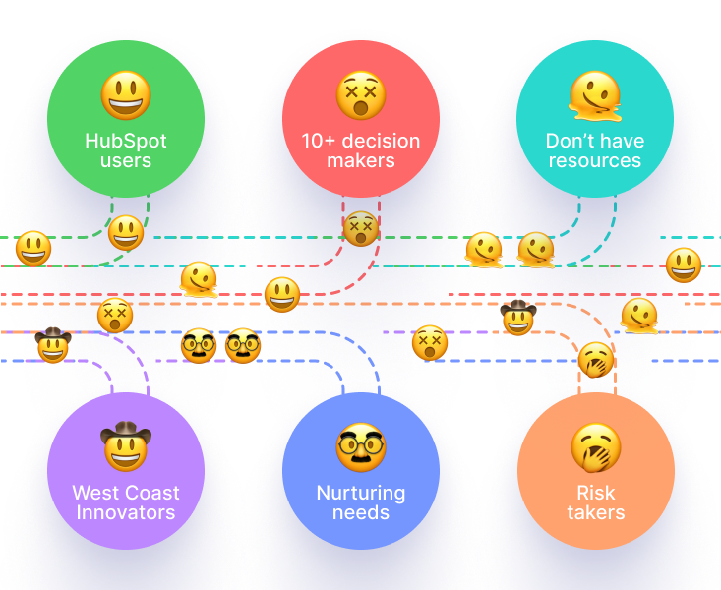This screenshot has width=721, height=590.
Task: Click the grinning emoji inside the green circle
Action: tap(126, 95)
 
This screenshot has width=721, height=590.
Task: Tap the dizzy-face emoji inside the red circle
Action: tap(361, 95)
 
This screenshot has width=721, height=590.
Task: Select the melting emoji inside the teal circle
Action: tap(595, 96)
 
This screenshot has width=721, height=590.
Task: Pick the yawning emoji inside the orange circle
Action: tap(596, 447)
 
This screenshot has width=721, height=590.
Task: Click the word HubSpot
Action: tap(126, 141)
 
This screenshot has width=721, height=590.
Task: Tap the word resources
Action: tap(595, 161)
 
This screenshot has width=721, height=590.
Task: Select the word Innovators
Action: tap(126, 512)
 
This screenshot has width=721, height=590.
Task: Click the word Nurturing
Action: tap(361, 493)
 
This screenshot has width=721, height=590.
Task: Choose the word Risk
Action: tap(596, 493)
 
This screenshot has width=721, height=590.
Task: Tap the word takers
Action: tap(596, 512)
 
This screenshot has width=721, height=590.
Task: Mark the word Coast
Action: tap(152, 493)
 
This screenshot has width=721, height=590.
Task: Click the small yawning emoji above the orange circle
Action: tap(596, 360)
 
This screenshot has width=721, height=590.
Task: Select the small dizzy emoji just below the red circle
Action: tap(361, 229)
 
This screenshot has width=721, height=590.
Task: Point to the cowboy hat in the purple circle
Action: tap(126, 433)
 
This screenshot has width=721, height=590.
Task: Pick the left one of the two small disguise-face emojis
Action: tap(199, 346)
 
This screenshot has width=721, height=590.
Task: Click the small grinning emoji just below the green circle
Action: tap(126, 233)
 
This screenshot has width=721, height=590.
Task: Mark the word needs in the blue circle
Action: tap(361, 512)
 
